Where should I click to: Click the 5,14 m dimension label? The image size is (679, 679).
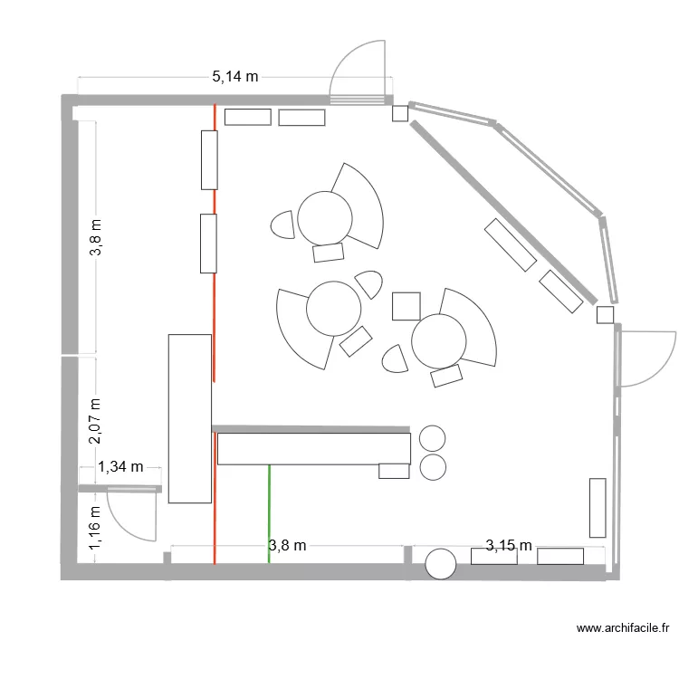[x=235, y=77]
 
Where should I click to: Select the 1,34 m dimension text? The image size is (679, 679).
[x=121, y=467]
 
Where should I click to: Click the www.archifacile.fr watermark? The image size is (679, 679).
[x=624, y=627]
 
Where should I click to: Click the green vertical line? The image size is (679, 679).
[x=269, y=513]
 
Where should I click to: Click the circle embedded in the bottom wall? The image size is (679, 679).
[x=441, y=563]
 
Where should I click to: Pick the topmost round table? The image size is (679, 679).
[x=324, y=216]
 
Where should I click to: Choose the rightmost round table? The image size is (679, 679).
[x=438, y=340]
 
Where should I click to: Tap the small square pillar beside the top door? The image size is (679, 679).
[x=399, y=113]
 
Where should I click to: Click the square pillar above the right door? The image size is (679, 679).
[x=606, y=314]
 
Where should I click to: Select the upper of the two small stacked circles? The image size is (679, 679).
[x=433, y=438]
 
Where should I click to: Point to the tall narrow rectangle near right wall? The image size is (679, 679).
[x=598, y=507]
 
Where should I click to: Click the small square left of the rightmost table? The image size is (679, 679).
[x=406, y=306]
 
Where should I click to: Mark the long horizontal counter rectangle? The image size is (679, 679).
[x=314, y=449]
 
